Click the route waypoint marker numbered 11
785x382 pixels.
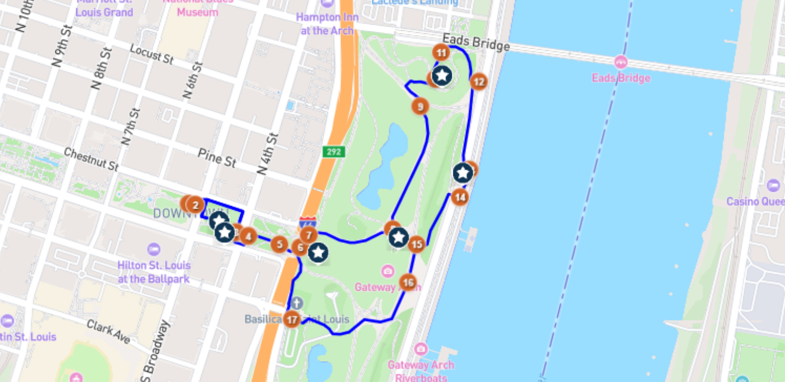pos(441,53)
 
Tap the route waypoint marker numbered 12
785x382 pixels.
pos(478,82)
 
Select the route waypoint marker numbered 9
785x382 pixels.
pos(420,107)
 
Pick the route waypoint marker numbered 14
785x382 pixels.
pos(460,198)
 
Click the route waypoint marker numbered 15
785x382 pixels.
pos(416,244)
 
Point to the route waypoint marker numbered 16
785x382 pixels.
pos(408,283)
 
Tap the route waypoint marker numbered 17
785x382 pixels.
pos(292,319)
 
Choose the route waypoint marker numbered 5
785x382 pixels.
pos(279,244)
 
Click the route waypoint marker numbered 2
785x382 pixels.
pos(195,205)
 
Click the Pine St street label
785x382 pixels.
pos(217,157)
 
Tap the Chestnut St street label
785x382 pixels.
pos(91,159)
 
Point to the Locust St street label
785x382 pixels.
pos(151,54)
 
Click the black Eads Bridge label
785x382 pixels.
pos(476,43)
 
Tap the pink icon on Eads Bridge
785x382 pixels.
pos(621,62)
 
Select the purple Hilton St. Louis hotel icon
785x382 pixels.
pos(154,249)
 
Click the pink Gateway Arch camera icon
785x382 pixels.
pos(388,271)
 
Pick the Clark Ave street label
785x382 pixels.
pos(108,331)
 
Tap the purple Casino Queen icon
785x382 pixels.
pos(774,186)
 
